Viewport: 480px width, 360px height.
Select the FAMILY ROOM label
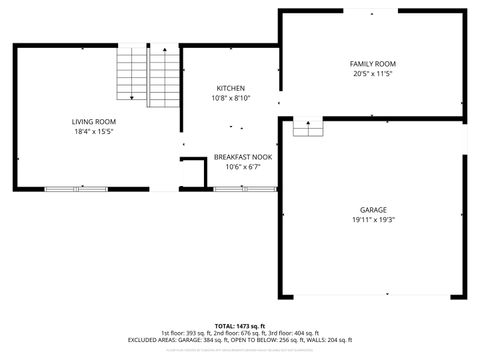pos(372,63)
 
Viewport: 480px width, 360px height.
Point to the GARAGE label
pos(372,210)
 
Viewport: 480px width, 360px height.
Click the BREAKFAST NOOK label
pos(243,157)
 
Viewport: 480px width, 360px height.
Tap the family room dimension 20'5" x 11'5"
pos(372,73)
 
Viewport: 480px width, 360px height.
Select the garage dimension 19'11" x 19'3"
pos(372,220)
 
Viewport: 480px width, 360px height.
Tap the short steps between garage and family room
pos(308,127)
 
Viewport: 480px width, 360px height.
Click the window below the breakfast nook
pos(241,187)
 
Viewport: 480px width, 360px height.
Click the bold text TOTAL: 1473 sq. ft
pos(239,326)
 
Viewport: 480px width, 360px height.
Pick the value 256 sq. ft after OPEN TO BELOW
pos(294,340)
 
